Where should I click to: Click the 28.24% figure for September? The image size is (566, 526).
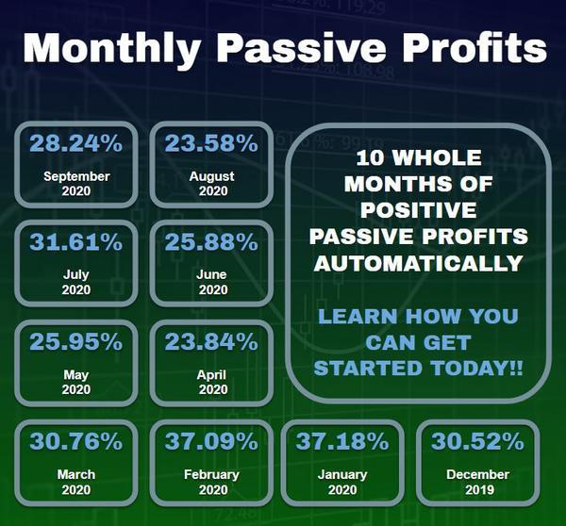(x=76, y=143)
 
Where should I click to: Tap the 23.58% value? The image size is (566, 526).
(x=211, y=143)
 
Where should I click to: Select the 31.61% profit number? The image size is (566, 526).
(x=76, y=241)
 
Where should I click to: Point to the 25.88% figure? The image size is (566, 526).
(x=211, y=241)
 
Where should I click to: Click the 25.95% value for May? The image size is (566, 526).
(x=76, y=341)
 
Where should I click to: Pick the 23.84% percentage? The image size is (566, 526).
(x=211, y=341)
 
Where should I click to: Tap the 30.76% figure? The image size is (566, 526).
(x=76, y=441)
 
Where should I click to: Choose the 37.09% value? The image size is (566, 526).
(x=211, y=441)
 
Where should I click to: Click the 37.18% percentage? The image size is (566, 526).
(x=342, y=441)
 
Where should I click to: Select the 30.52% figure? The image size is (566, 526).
(x=477, y=441)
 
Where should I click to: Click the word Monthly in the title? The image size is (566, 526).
(x=112, y=49)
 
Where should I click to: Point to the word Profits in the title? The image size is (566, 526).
(x=475, y=48)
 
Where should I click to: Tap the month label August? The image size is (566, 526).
(x=212, y=177)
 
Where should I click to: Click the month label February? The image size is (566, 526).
(x=212, y=475)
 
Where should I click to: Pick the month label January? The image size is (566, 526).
(x=342, y=475)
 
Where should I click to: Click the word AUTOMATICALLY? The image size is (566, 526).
(x=419, y=263)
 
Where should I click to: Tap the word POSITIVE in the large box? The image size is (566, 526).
(x=419, y=210)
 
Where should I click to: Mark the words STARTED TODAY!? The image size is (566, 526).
(x=419, y=369)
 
